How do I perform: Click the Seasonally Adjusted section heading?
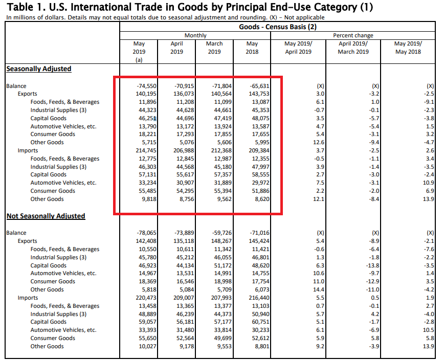pos(39,69)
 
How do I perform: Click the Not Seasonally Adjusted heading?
pos(46,216)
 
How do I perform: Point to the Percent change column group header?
pos(353,35)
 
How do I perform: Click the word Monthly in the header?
pos(195,35)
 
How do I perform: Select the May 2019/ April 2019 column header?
pos(298,48)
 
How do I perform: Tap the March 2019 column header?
pos(215,48)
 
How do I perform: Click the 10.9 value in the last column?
pos(428,183)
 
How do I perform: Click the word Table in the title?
pos(21,7)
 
